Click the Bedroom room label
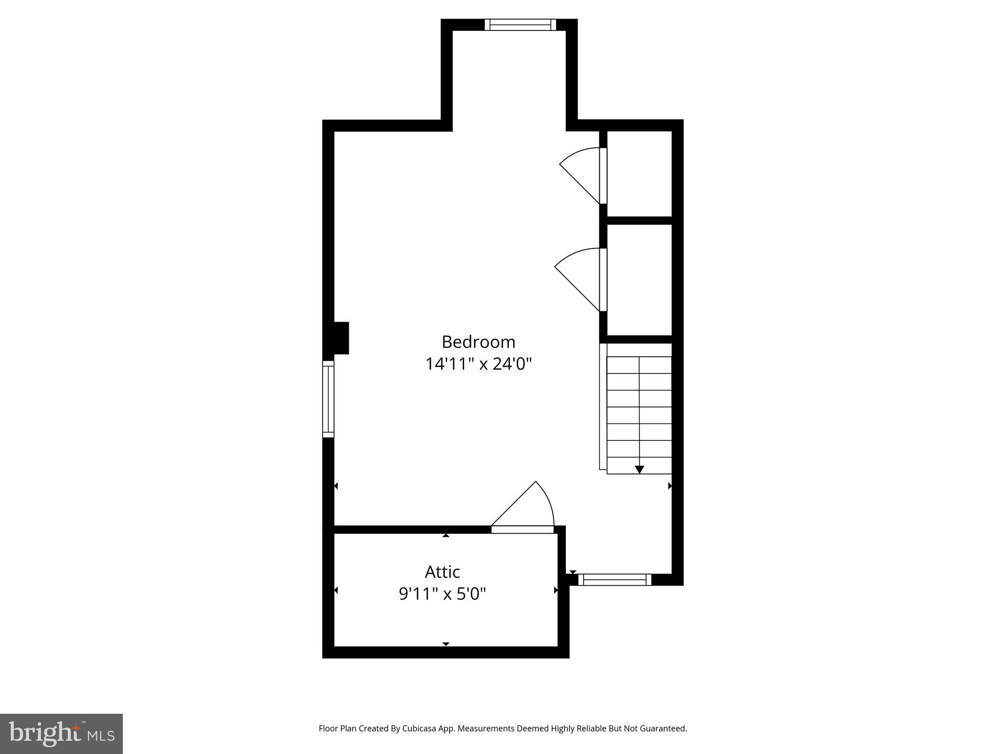478,342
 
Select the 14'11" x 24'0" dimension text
478,364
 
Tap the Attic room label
442,572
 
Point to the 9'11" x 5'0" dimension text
442,594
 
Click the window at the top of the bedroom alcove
520,25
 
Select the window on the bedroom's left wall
328,399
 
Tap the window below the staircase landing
615,580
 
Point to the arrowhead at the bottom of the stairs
639,470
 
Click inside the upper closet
640,173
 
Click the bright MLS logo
61,734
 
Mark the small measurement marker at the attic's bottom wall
446,644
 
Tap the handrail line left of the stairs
603,406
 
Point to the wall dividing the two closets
639,220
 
